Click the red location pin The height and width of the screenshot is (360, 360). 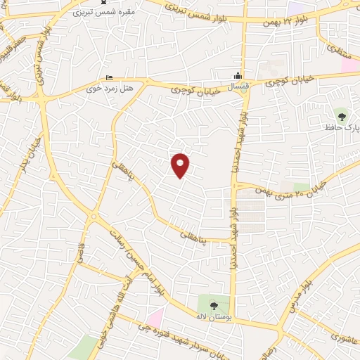(181, 165)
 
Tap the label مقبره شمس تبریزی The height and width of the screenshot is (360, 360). (95, 13)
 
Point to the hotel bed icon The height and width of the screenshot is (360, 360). (108, 77)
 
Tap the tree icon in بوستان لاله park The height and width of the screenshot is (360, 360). (214, 304)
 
